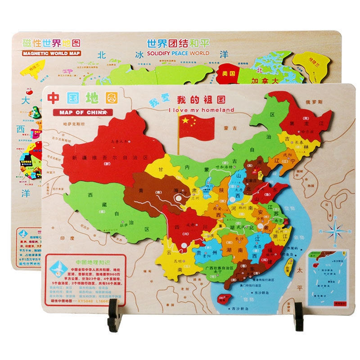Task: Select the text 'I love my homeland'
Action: (x=201, y=109)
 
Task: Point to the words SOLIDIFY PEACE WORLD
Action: (x=178, y=53)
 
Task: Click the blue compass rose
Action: (x=335, y=232)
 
